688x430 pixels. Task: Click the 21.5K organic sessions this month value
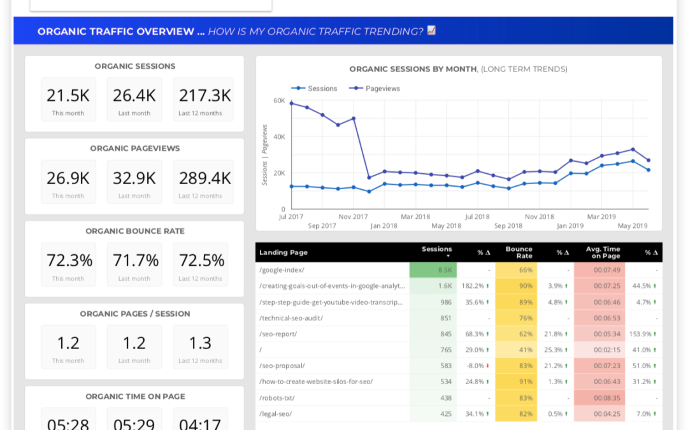click(x=68, y=96)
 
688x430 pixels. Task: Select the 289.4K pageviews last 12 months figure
click(x=200, y=178)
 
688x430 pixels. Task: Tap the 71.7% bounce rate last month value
click(x=134, y=261)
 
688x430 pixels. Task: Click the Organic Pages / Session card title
click(x=134, y=313)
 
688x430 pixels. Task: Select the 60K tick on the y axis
click(x=279, y=101)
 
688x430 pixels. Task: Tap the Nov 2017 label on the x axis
click(x=353, y=217)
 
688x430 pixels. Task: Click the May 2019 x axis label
click(x=633, y=226)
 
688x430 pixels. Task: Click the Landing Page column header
click(x=282, y=253)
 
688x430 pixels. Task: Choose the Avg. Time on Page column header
click(x=603, y=252)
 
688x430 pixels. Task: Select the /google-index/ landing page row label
click(x=282, y=270)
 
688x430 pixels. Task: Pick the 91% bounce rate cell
click(x=526, y=382)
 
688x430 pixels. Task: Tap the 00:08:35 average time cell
click(x=607, y=398)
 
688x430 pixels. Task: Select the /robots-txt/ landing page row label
click(x=277, y=398)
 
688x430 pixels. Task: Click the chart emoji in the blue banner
click(x=431, y=31)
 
